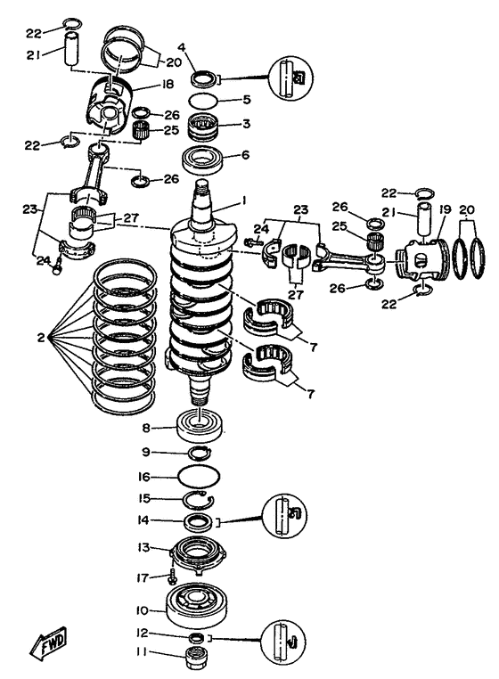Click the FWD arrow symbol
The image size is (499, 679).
point(48,641)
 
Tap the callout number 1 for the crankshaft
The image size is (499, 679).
point(244,200)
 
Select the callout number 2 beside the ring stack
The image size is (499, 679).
point(40,337)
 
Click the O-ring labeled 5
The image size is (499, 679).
point(203,100)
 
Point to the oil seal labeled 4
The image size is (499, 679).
point(203,78)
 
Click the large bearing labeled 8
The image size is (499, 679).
point(200,426)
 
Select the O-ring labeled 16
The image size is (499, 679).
point(200,477)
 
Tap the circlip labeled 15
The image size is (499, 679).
point(198,501)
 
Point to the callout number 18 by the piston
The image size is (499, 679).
point(168,84)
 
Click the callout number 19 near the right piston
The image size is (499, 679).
point(445,209)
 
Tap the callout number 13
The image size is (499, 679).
point(143,547)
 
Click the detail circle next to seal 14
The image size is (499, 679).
point(284,516)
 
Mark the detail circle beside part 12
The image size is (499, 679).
point(283,642)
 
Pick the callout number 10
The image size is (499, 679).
point(142,610)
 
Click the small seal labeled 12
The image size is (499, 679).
point(197,637)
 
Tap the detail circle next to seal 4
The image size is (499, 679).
point(290,78)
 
